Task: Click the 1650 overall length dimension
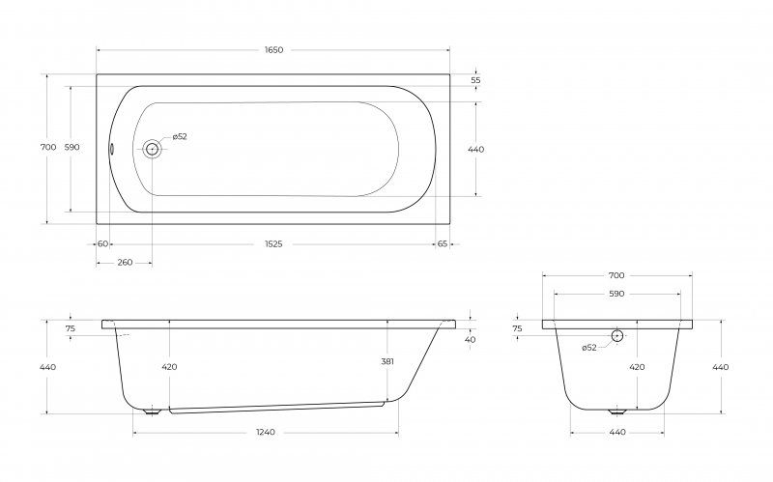pos(273,50)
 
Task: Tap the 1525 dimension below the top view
pos(273,244)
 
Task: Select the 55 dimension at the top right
pos(475,80)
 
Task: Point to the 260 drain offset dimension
pos(125,263)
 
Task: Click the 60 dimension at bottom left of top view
pos(103,244)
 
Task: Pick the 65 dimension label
pos(443,244)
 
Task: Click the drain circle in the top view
pos(152,149)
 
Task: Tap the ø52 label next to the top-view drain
pos(180,137)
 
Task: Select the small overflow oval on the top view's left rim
pos(111,149)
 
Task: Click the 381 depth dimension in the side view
pos(387,361)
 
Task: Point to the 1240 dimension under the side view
pos(266,432)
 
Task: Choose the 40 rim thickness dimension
pos(470,340)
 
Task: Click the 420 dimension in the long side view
pos(169,367)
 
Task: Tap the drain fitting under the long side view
pos(152,411)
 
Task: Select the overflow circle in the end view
pos(617,335)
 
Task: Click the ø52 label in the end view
pos(589,348)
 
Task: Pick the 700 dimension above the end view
pos(616,275)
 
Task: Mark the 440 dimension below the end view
pos(617,432)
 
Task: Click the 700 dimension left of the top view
pos(47,148)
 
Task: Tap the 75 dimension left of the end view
pos(517,328)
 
